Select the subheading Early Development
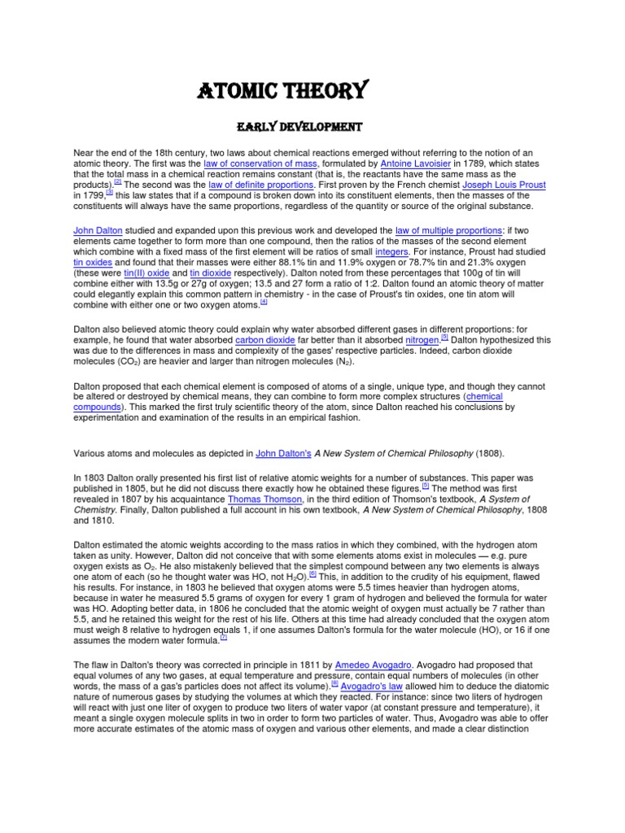299,128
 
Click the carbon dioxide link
266,339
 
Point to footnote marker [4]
264,303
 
